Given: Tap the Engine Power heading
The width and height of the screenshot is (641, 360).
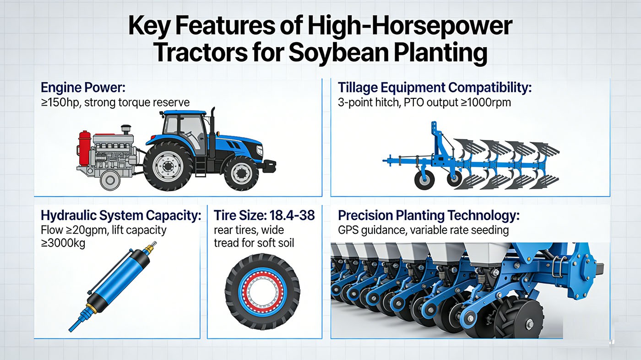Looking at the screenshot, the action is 83,87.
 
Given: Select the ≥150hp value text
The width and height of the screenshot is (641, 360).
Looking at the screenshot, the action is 60,102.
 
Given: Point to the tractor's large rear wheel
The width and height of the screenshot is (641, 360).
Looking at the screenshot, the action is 168,166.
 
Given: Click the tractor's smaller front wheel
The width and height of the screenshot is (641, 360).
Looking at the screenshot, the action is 241,173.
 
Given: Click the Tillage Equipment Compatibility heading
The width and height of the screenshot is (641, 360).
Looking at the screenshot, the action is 435,87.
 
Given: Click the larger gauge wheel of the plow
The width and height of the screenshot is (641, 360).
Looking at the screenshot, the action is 424,180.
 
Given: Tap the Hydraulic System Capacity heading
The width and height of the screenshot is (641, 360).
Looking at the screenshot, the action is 121,215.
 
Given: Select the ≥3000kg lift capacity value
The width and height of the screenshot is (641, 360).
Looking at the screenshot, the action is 63,243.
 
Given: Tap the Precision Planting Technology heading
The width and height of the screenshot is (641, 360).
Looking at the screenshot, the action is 429,215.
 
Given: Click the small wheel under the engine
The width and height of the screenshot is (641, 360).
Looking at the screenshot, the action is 109,180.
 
